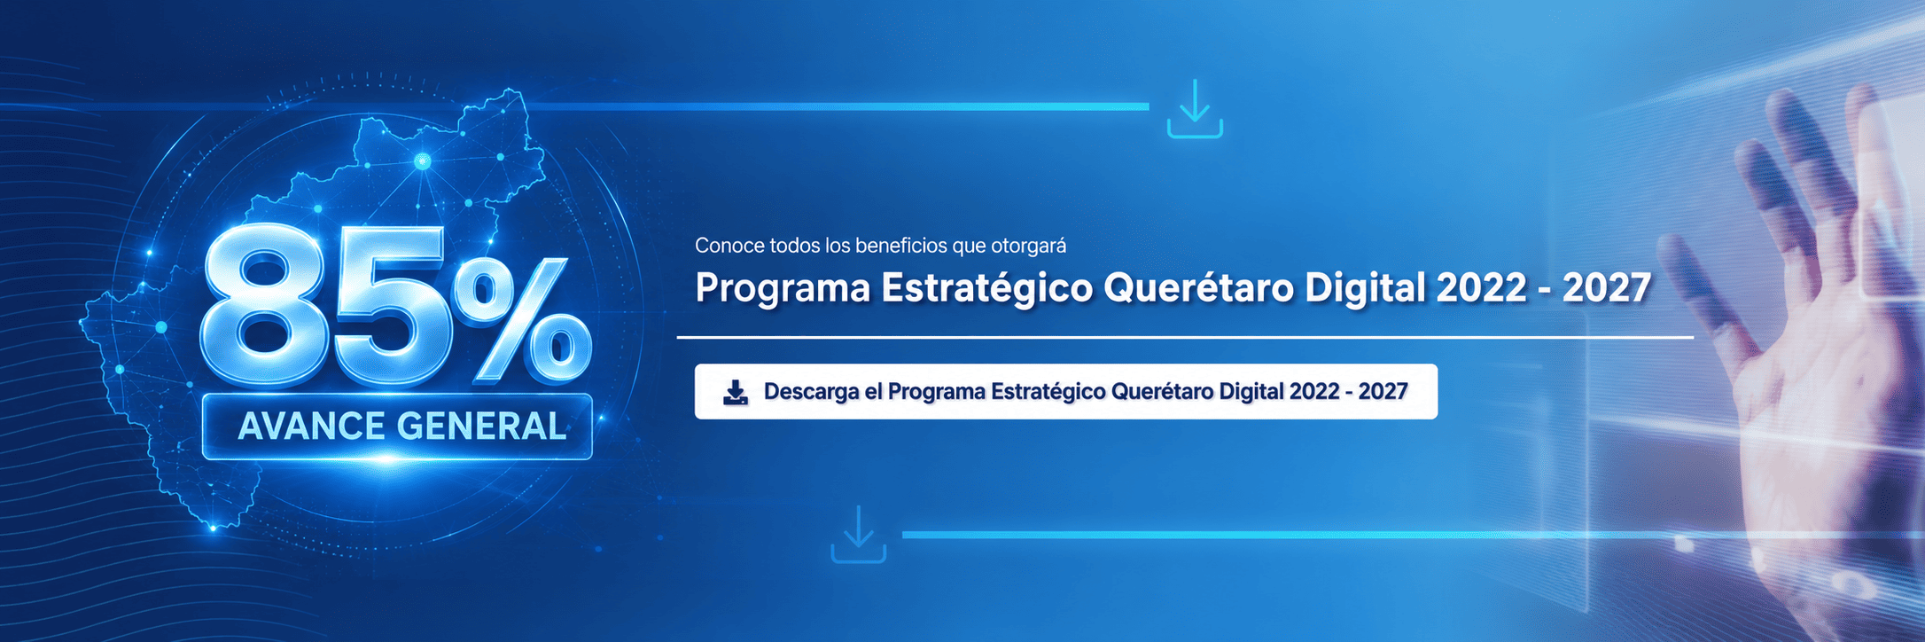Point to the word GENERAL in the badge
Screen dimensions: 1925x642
[x=483, y=427]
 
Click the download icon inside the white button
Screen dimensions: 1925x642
[x=736, y=392]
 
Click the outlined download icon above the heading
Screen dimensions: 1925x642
[x=1195, y=109]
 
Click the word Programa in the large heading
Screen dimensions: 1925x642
[x=783, y=288]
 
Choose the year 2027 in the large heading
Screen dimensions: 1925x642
[x=1607, y=288]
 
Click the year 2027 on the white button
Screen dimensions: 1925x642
[x=1383, y=391]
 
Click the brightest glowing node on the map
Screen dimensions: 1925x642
[x=423, y=161]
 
